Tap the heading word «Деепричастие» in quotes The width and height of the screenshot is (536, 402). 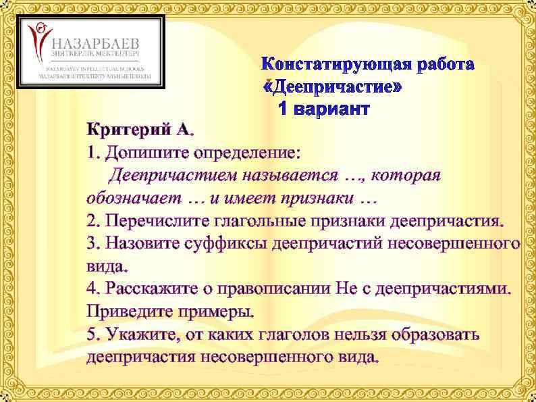333,87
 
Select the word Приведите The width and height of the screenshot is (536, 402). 132,311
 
